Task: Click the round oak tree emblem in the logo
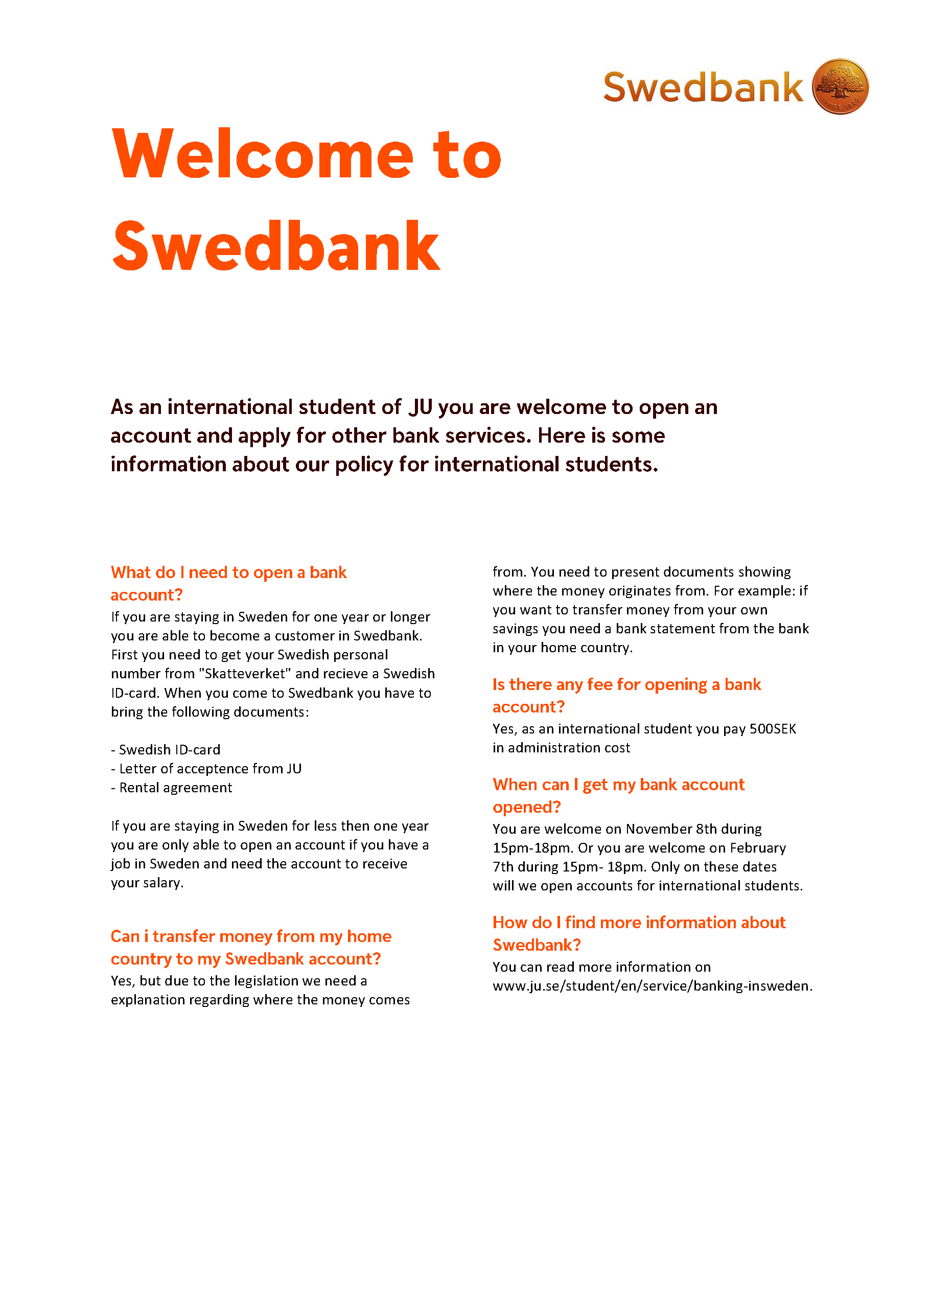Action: click(840, 86)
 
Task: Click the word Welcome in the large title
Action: click(262, 155)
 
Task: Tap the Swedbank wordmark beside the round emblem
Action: click(703, 87)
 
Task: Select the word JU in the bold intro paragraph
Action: click(421, 407)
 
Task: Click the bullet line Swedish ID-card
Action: click(166, 750)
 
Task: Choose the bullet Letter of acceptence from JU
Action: click(206, 769)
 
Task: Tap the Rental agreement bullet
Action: click(172, 788)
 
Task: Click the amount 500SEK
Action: click(773, 729)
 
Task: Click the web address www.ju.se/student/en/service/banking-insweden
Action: click(652, 986)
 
